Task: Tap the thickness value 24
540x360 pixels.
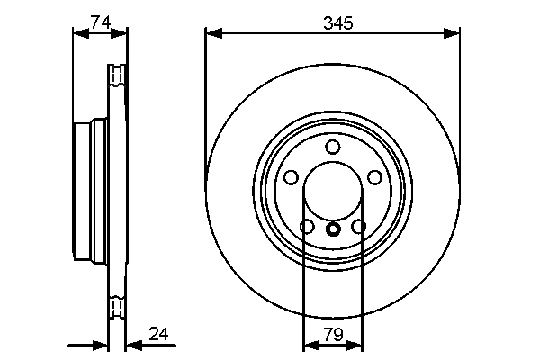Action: pyautogui.click(x=158, y=334)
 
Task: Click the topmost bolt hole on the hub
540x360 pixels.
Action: pyautogui.click(x=332, y=148)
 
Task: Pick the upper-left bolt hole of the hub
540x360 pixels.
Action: pyautogui.click(x=292, y=177)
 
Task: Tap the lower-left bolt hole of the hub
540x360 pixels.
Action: pyautogui.click(x=307, y=227)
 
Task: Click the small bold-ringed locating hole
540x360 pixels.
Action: pyautogui.click(x=332, y=229)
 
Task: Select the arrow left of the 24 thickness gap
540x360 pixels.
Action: pyautogui.click(x=101, y=344)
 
